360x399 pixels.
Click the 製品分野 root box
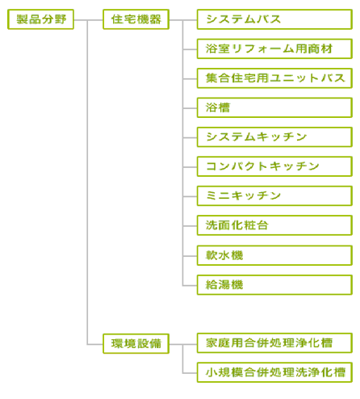[x=40, y=19]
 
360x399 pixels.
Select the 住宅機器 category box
[x=136, y=19]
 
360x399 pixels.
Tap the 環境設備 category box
[x=136, y=343]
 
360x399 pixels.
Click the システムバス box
[x=274, y=19]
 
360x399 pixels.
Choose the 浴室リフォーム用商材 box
[x=274, y=48]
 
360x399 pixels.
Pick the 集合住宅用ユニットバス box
[x=274, y=78]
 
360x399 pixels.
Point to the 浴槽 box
[x=274, y=107]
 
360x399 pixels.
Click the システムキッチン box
[x=274, y=137]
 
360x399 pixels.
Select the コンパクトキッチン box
[x=274, y=166]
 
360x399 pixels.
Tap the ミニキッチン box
[x=274, y=195]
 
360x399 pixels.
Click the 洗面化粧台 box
[x=274, y=225]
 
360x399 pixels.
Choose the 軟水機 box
[x=274, y=255]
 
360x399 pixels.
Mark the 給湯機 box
[x=274, y=285]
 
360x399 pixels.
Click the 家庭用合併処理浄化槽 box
[x=274, y=343]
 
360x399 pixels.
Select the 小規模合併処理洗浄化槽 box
[x=274, y=372]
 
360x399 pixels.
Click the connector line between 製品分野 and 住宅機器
[x=89, y=20]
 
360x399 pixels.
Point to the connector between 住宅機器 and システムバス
[x=183, y=20]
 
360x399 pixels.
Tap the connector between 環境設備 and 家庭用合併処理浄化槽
[x=183, y=344]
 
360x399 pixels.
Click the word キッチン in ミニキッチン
[x=257, y=195]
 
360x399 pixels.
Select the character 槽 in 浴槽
[x=224, y=107]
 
